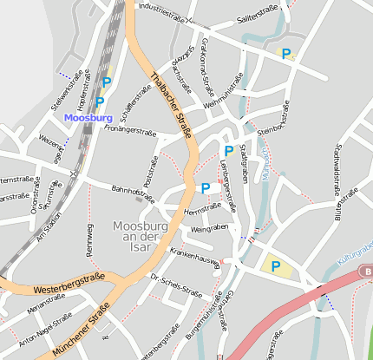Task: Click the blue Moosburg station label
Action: pos(88,117)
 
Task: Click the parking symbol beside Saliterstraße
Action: pos(285,54)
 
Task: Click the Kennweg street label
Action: pos(88,239)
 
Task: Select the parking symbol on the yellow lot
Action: pos(276,266)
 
